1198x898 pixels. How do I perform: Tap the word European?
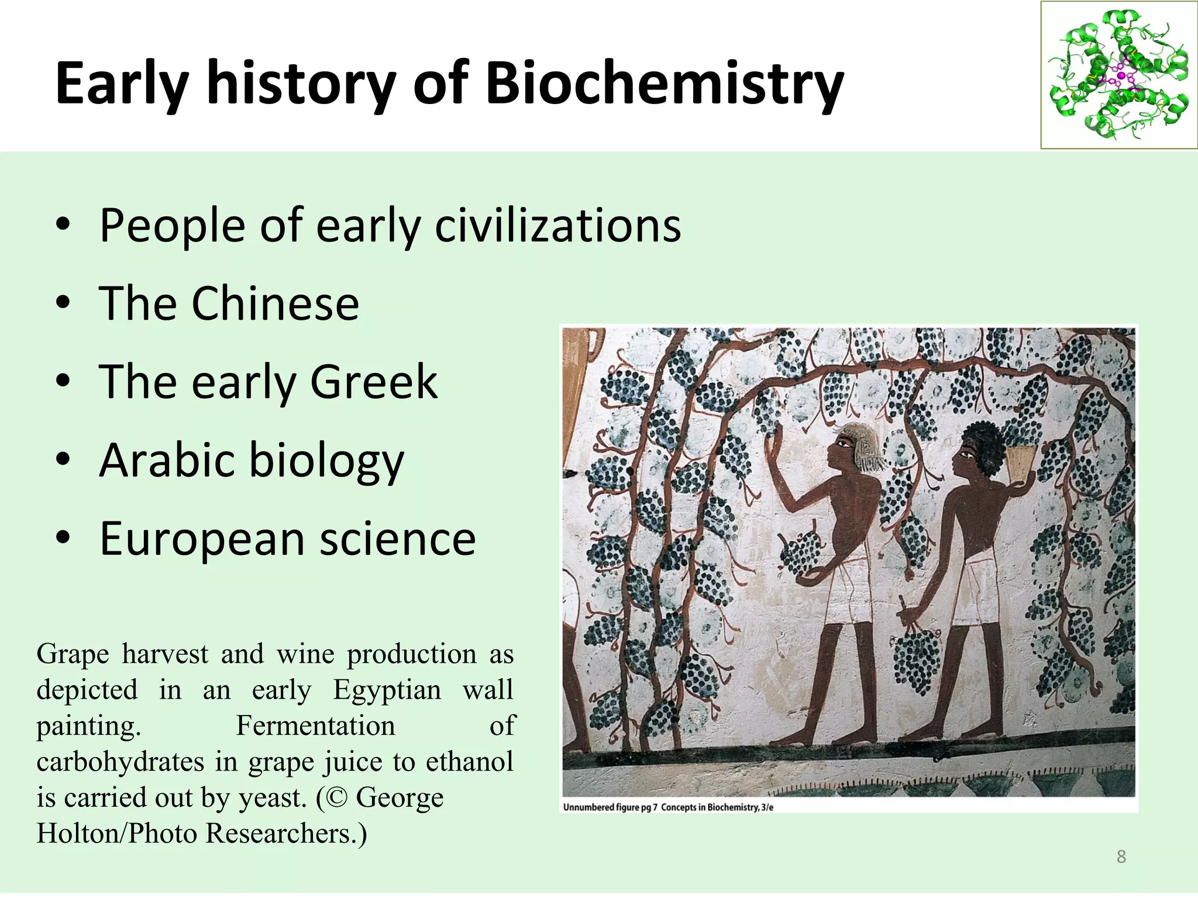point(202,539)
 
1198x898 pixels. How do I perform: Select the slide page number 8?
point(1121,856)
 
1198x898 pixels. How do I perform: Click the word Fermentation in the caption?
point(315,726)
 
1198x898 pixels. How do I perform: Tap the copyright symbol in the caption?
point(336,797)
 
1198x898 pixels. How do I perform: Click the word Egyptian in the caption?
point(387,690)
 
